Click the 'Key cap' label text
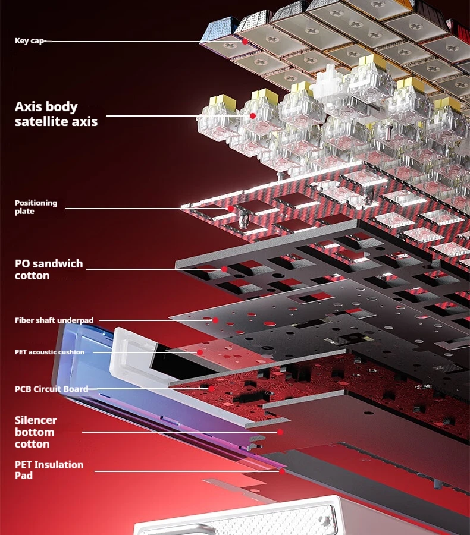[x=29, y=41]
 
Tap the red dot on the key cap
[x=245, y=42]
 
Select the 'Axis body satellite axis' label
[x=55, y=114]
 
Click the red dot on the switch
[x=253, y=115]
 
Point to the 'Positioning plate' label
[x=36, y=207]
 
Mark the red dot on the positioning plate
[x=231, y=209]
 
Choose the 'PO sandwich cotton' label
[x=48, y=269]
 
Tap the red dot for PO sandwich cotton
[x=224, y=269]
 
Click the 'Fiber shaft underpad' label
[x=54, y=320]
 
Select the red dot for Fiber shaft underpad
[x=215, y=320]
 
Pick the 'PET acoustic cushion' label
[x=49, y=352]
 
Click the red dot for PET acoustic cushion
[x=200, y=353]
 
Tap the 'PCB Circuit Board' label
[x=51, y=389]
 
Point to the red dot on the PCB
[x=211, y=389]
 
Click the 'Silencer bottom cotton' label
[x=36, y=432]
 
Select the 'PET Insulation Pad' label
[x=49, y=470]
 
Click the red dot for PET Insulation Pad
[x=281, y=471]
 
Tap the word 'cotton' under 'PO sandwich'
[x=32, y=276]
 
